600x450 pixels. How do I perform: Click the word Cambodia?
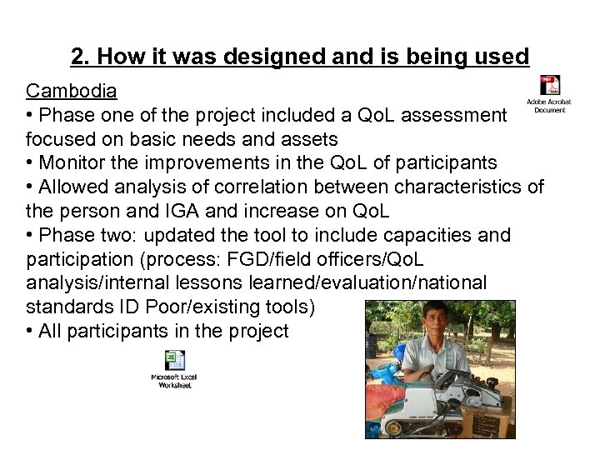point(64,89)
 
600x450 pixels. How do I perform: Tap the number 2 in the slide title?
point(77,57)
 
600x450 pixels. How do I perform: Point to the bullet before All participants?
point(30,331)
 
